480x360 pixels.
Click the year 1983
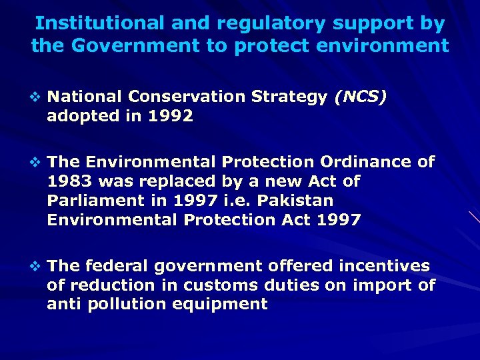coord(70,181)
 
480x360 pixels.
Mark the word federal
coord(117,266)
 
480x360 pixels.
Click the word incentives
coord(384,266)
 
